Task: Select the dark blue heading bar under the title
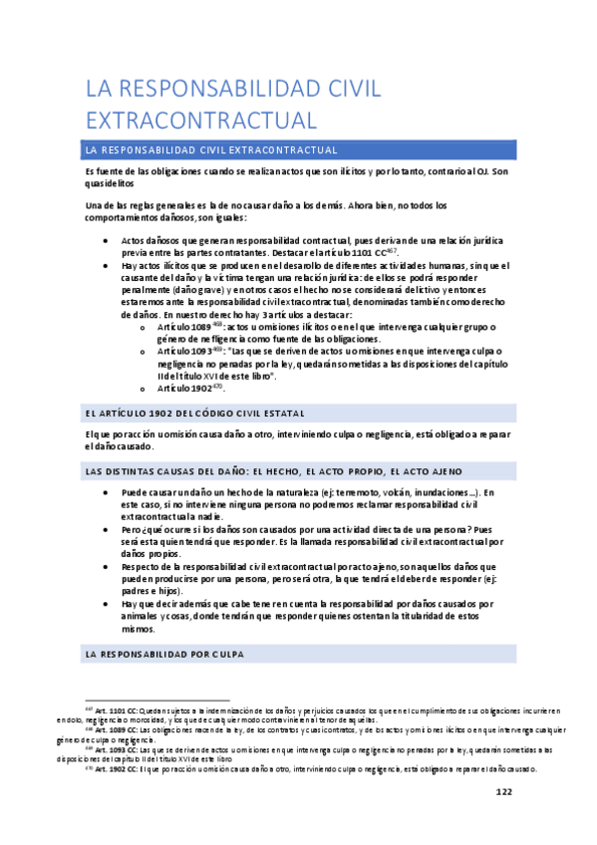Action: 299,149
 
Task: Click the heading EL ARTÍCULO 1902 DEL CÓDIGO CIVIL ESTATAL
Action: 188,413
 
